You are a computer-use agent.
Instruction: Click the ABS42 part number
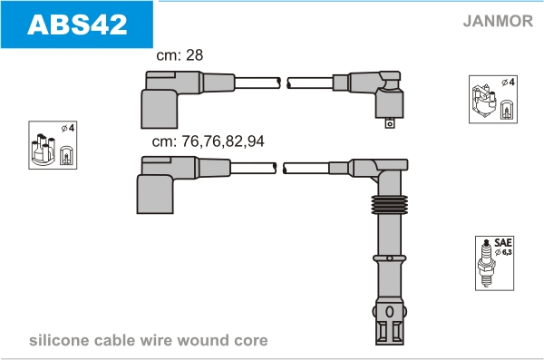tap(77, 24)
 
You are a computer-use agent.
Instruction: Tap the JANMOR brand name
tap(498, 21)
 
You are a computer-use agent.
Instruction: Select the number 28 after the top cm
tap(195, 54)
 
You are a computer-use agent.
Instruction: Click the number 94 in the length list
tap(256, 141)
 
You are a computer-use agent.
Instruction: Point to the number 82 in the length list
tap(234, 141)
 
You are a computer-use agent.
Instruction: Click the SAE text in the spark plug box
tap(503, 242)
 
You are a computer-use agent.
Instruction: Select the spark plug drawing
tap(486, 263)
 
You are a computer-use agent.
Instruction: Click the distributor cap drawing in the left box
tap(43, 149)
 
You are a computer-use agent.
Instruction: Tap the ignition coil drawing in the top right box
tap(483, 101)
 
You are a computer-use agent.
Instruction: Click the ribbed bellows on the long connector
tap(389, 204)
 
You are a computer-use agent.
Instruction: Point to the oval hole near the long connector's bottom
tap(389, 312)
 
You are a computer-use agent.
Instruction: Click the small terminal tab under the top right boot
tap(390, 123)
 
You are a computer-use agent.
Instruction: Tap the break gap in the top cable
tap(284, 83)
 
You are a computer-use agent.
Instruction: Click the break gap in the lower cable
tap(279, 168)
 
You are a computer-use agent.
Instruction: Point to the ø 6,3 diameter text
tap(503, 252)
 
